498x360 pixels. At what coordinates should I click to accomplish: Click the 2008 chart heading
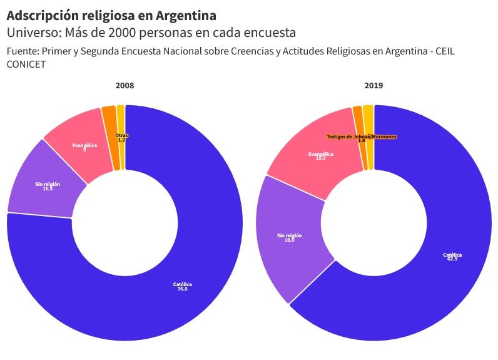coord(124,85)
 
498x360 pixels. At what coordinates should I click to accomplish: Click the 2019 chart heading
coord(374,85)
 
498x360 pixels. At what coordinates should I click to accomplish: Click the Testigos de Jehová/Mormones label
coord(362,137)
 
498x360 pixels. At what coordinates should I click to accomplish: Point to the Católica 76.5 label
coord(183,287)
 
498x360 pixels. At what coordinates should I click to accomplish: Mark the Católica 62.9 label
coord(452,257)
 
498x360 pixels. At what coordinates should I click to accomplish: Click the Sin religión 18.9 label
coord(290,237)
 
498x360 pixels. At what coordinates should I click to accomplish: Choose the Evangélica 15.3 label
coord(321,156)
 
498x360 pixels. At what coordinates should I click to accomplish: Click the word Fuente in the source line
coord(22,51)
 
